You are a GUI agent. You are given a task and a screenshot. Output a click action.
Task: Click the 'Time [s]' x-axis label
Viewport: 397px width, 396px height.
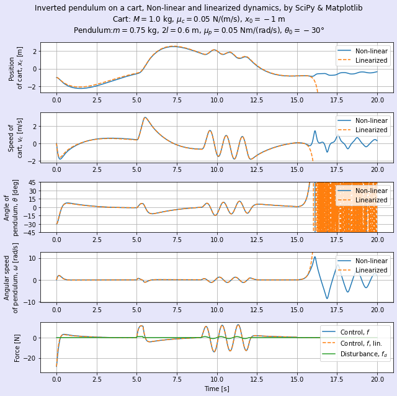pyautogui.click(x=216, y=389)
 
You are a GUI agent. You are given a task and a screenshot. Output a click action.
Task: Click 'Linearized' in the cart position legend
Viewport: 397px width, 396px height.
pyautogui.click(x=371, y=60)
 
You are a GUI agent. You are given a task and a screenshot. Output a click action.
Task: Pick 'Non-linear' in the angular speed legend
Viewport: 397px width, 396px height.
pyautogui.click(x=371, y=261)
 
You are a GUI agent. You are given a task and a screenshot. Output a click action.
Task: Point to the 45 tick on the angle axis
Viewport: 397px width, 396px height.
pyautogui.click(x=32, y=182)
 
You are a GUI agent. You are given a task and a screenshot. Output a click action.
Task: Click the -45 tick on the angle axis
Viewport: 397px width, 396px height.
pyautogui.click(x=30, y=233)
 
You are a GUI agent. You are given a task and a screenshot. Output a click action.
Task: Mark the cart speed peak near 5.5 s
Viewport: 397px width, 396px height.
pyautogui.click(x=145, y=117)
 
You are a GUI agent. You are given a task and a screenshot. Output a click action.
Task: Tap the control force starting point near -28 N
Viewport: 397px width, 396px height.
pyautogui.click(x=56, y=366)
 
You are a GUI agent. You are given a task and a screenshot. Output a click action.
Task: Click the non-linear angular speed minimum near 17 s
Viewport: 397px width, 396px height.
pyautogui.click(x=328, y=299)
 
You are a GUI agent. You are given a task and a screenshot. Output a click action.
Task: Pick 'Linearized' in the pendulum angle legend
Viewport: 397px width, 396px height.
pyautogui.click(x=371, y=200)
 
